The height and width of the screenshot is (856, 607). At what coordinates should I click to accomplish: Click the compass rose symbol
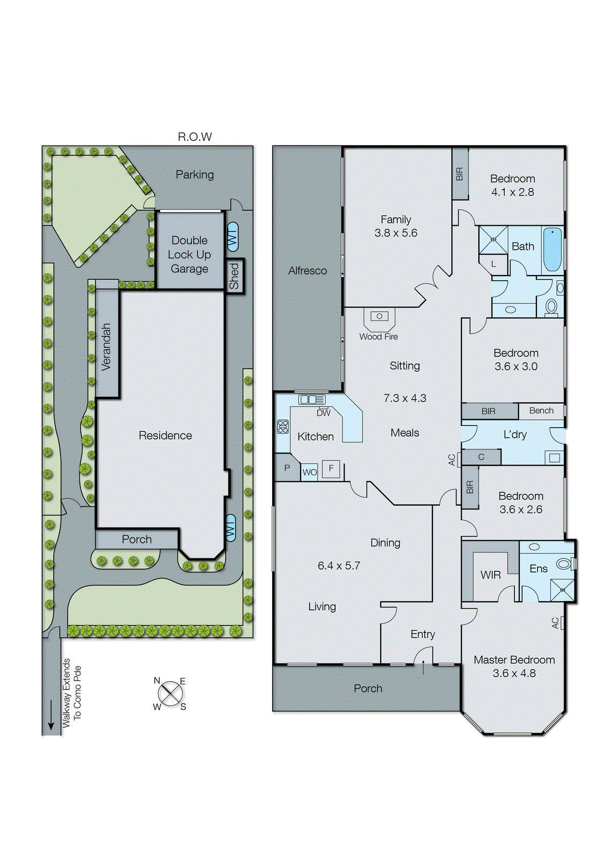pyautogui.click(x=170, y=694)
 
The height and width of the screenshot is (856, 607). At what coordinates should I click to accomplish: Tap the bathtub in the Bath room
pyautogui.click(x=552, y=249)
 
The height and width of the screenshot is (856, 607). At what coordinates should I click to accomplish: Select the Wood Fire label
pyautogui.click(x=378, y=337)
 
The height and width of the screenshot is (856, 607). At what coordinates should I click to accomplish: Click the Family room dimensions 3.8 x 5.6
pyautogui.click(x=395, y=233)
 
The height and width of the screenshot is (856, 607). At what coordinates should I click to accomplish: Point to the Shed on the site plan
pyautogui.click(x=235, y=276)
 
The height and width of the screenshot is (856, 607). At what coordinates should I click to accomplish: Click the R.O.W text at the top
pyautogui.click(x=194, y=137)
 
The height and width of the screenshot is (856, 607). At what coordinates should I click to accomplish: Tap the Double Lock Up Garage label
pyautogui.click(x=189, y=255)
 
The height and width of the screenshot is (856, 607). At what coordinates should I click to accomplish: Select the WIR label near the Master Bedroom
pyautogui.click(x=490, y=575)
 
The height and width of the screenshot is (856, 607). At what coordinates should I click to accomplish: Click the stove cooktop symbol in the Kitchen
pyautogui.click(x=283, y=426)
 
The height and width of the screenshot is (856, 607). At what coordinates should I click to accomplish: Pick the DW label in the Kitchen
pyautogui.click(x=324, y=413)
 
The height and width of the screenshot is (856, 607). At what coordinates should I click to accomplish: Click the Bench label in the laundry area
pyautogui.click(x=541, y=410)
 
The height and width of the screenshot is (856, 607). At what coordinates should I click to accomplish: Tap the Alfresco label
pyautogui.click(x=307, y=271)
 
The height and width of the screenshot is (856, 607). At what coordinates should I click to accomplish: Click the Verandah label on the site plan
pyautogui.click(x=107, y=347)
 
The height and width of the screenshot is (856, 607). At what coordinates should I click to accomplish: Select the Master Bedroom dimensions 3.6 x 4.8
pyautogui.click(x=514, y=674)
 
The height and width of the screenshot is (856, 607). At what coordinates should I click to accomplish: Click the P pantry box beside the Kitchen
pyautogui.click(x=287, y=468)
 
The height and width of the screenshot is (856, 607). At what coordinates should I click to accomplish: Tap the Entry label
pyautogui.click(x=422, y=634)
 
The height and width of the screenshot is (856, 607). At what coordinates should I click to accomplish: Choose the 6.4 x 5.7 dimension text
pyautogui.click(x=339, y=565)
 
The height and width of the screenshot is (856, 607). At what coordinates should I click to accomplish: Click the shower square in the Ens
pyautogui.click(x=563, y=590)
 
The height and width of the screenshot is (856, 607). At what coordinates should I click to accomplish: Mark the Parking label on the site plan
pyautogui.click(x=194, y=174)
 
